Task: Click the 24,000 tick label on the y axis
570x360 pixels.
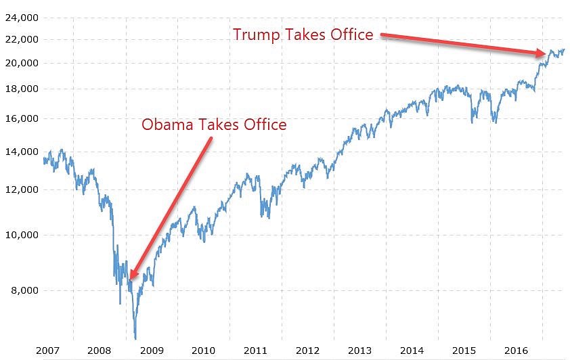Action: [21, 18]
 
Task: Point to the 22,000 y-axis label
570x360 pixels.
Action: [21, 39]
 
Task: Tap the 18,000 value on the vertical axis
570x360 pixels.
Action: [21, 89]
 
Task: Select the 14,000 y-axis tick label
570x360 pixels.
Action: [21, 152]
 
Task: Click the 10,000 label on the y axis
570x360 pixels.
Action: [21, 235]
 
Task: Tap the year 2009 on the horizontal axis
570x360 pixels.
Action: [151, 351]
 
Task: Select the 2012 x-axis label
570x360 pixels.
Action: [307, 351]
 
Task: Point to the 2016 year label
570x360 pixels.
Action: [516, 351]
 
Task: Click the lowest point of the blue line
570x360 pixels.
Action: [135, 338]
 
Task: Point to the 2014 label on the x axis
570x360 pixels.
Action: [412, 351]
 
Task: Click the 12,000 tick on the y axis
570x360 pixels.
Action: [21, 189]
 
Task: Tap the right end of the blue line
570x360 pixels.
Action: [564, 49]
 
